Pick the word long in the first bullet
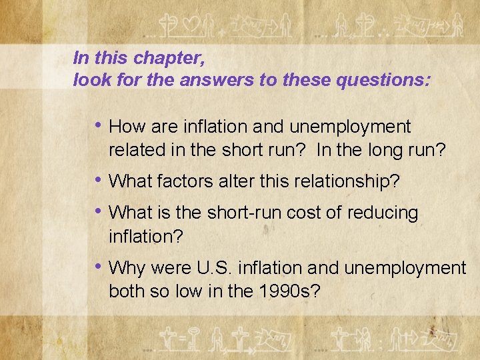[383, 149]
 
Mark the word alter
[237, 181]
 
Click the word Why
[127, 269]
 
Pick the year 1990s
[291, 291]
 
